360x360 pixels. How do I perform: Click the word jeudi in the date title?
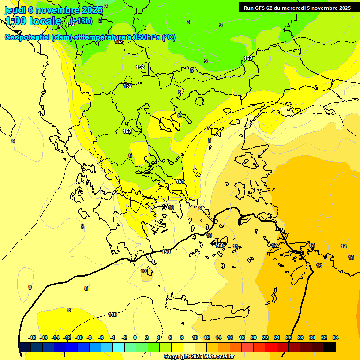15,9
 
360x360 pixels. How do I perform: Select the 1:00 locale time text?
33,21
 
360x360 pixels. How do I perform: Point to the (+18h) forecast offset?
81,21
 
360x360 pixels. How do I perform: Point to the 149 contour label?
112,315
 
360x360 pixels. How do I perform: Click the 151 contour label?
180,181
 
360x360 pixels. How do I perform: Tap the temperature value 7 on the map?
208,128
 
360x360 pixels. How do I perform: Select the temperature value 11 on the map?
235,246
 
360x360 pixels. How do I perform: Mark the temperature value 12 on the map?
274,245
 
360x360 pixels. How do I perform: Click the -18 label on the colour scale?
32,337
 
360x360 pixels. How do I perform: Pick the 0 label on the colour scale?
135,337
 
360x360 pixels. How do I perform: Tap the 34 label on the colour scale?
336,337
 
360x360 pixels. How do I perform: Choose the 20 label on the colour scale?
254,337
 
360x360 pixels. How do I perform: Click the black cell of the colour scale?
330,347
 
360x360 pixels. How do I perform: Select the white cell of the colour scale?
189,347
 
